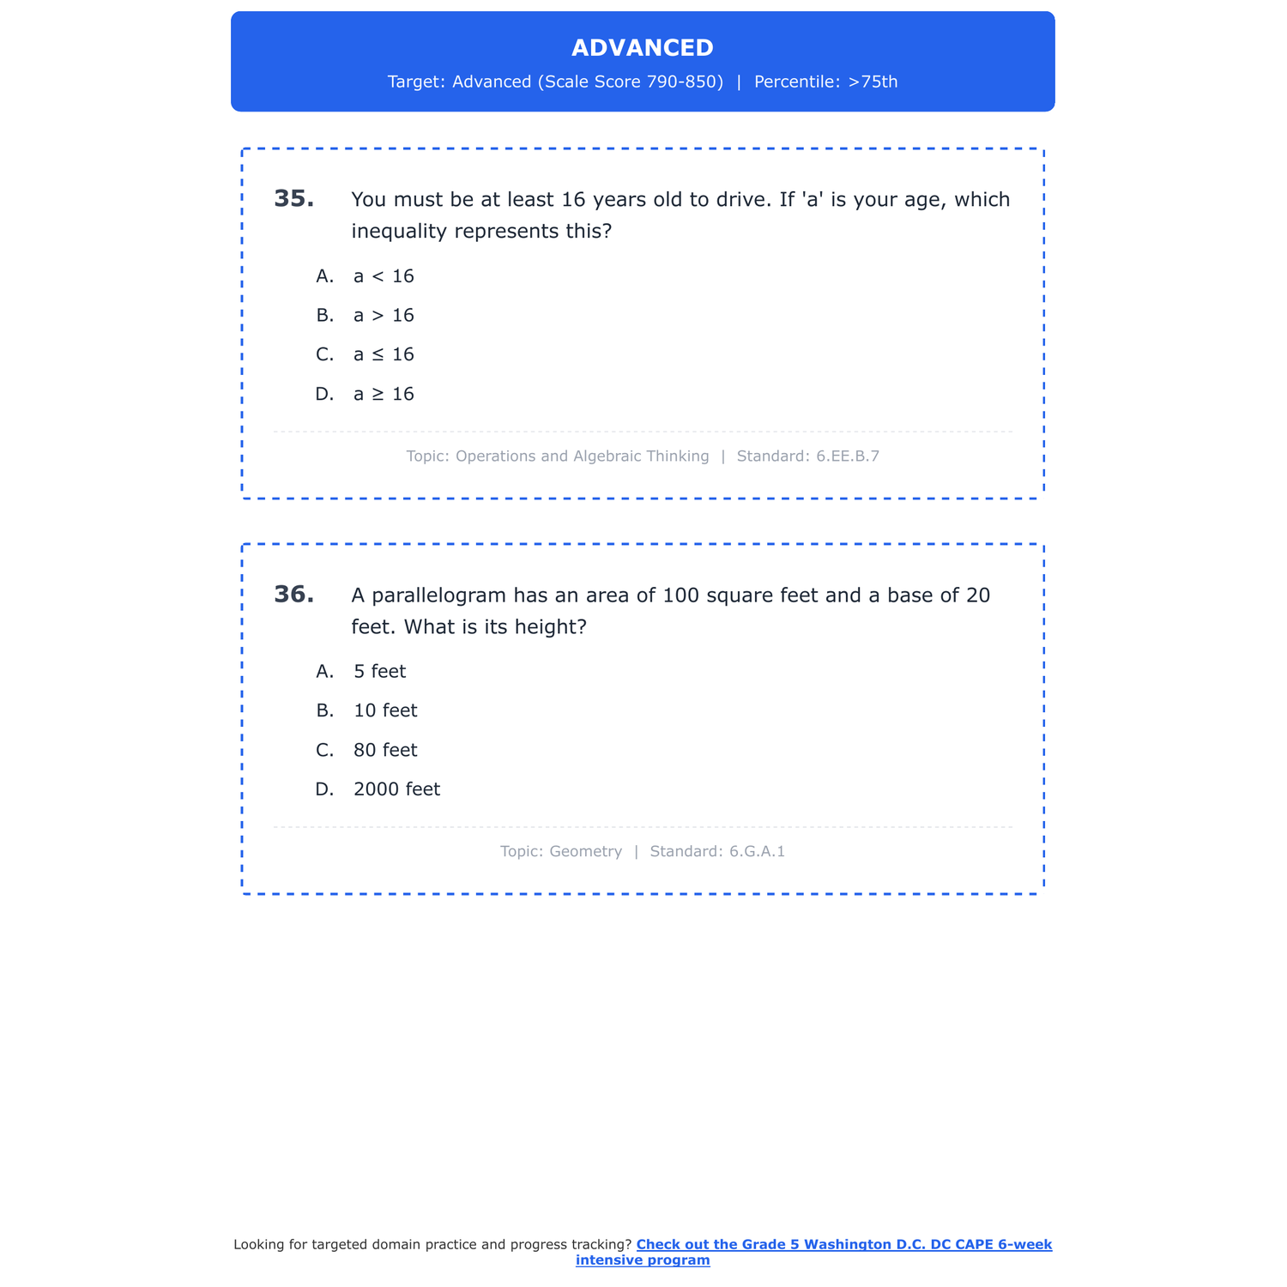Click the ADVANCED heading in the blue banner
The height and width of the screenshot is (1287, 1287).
[642, 48]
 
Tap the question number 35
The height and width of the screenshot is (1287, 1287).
[293, 199]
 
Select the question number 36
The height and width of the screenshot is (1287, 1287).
[293, 595]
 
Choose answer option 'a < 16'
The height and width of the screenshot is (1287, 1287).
[384, 276]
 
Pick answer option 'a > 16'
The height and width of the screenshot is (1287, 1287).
[384, 316]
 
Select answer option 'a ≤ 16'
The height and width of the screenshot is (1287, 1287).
[384, 354]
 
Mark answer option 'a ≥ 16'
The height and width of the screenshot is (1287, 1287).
[384, 394]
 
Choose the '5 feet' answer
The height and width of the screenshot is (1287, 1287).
[379, 672]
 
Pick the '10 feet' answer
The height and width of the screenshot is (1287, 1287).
[385, 710]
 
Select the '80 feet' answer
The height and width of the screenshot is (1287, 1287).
[385, 750]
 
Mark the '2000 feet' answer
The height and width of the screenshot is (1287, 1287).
[396, 789]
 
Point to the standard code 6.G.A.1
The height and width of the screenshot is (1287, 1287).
[757, 852]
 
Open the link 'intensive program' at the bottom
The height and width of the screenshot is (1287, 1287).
[643, 1260]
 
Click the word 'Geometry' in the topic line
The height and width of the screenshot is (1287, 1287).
[585, 852]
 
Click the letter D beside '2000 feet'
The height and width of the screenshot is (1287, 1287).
[323, 789]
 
